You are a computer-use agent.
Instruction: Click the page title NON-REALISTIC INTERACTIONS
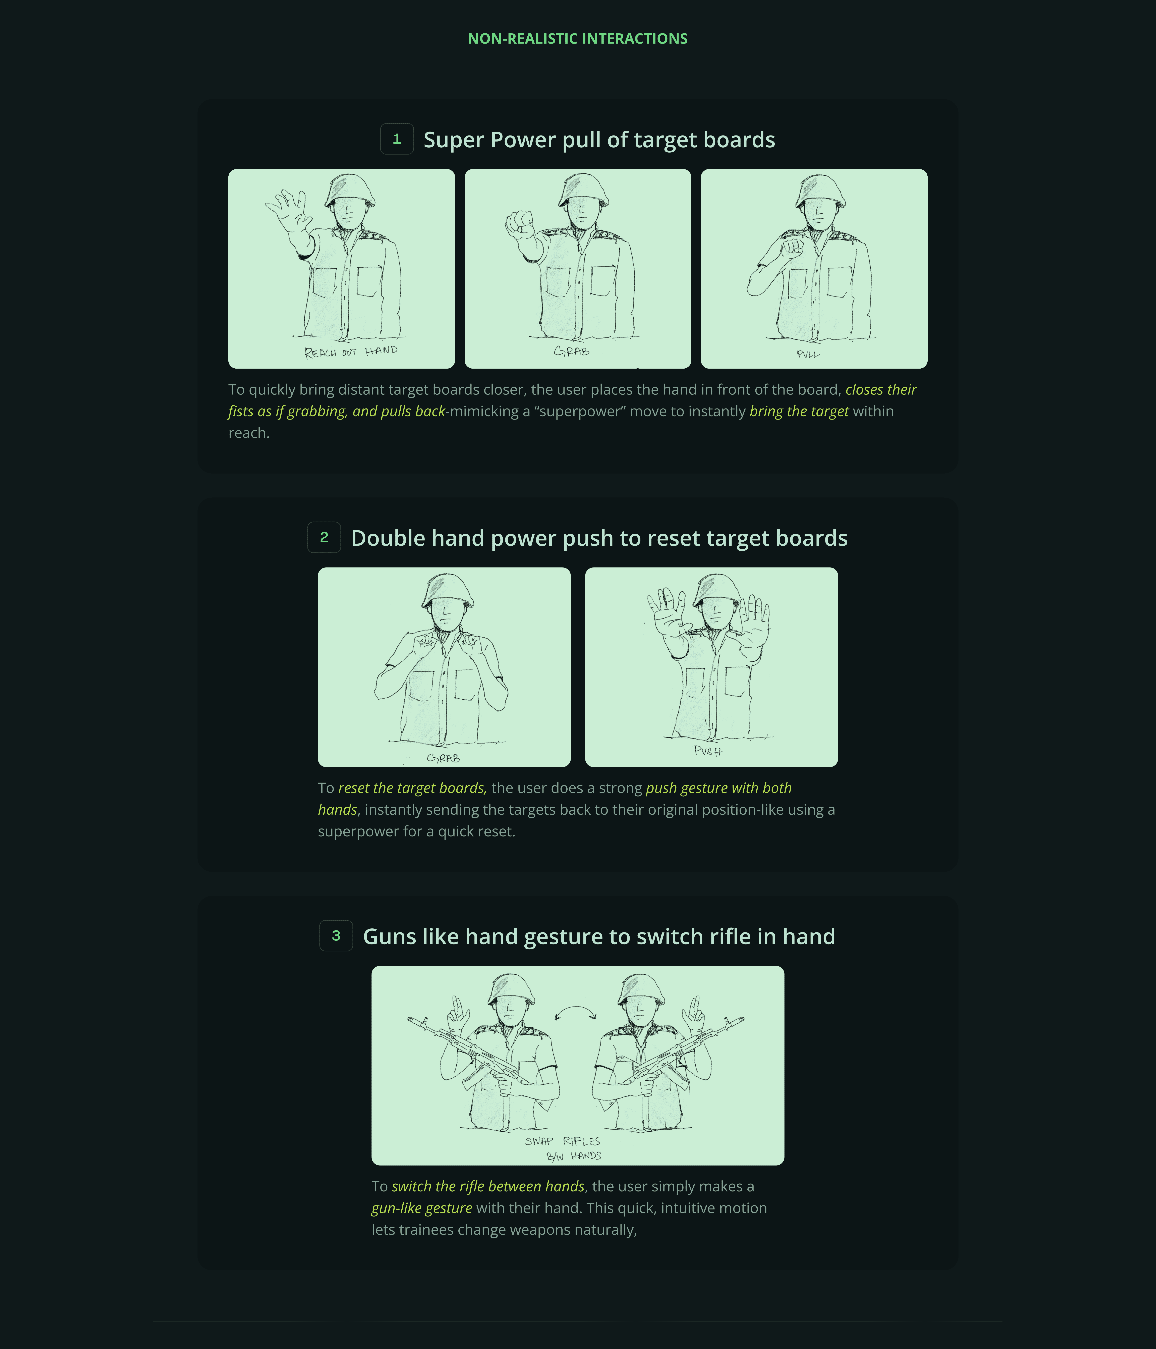click(577, 38)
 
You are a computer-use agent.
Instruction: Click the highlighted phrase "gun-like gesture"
click(422, 1208)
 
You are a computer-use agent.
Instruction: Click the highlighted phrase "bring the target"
click(799, 412)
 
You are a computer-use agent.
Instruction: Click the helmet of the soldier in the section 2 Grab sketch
click(447, 591)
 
